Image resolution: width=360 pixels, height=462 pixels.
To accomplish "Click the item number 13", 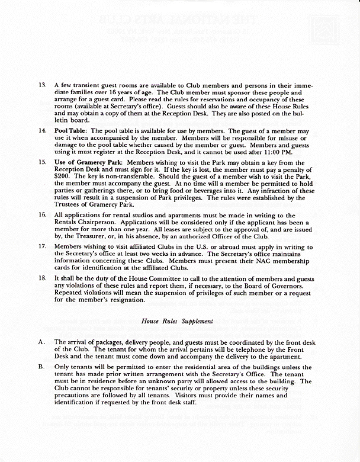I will point(42,86).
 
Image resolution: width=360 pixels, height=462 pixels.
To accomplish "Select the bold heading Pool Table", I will point(70,129).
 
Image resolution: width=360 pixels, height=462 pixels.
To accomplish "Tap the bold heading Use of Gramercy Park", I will point(89,161).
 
